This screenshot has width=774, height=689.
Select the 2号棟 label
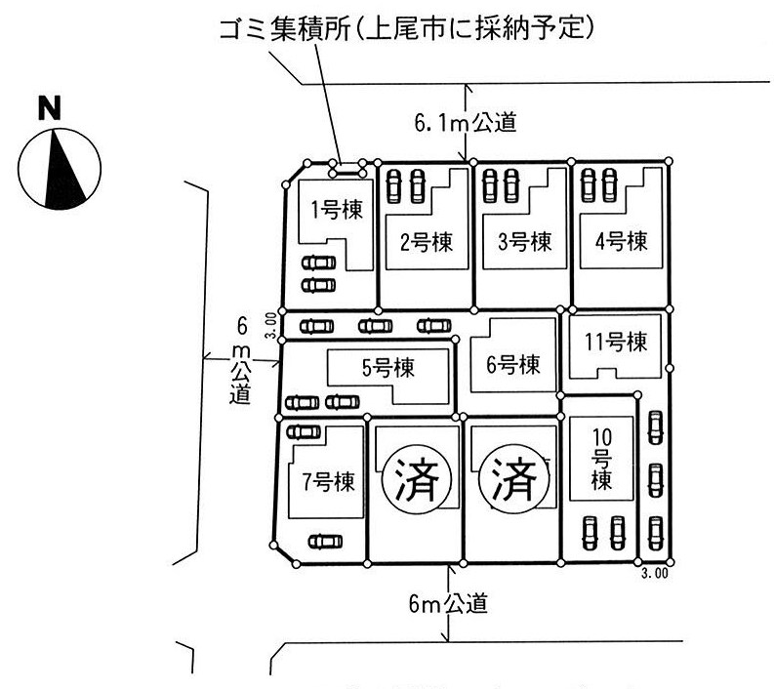point(427,240)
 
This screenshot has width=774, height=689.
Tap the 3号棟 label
point(522,240)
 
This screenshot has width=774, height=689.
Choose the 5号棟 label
point(387,368)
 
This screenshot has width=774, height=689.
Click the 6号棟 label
point(513,365)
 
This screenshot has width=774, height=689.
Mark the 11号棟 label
point(617,343)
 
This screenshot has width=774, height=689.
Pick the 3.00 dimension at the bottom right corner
point(654,574)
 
